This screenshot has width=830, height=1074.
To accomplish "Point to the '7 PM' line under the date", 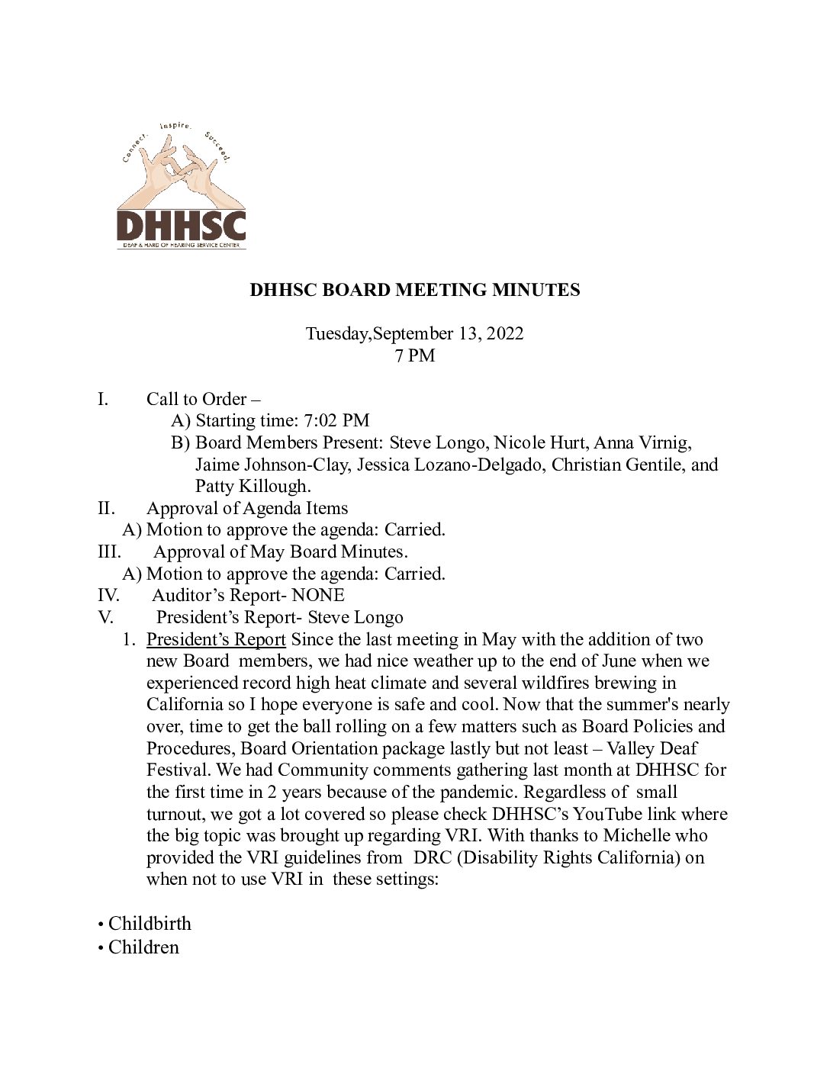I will click(415, 355).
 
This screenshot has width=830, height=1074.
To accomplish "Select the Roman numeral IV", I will click(108, 595).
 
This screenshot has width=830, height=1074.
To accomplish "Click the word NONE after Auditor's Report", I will click(318, 595).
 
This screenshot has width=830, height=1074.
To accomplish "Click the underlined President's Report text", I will click(216, 639).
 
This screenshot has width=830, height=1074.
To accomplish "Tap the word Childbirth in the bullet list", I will click(150, 924).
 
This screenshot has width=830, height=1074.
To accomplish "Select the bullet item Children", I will click(143, 947).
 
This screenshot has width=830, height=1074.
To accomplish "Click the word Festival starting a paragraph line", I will click(177, 770).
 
